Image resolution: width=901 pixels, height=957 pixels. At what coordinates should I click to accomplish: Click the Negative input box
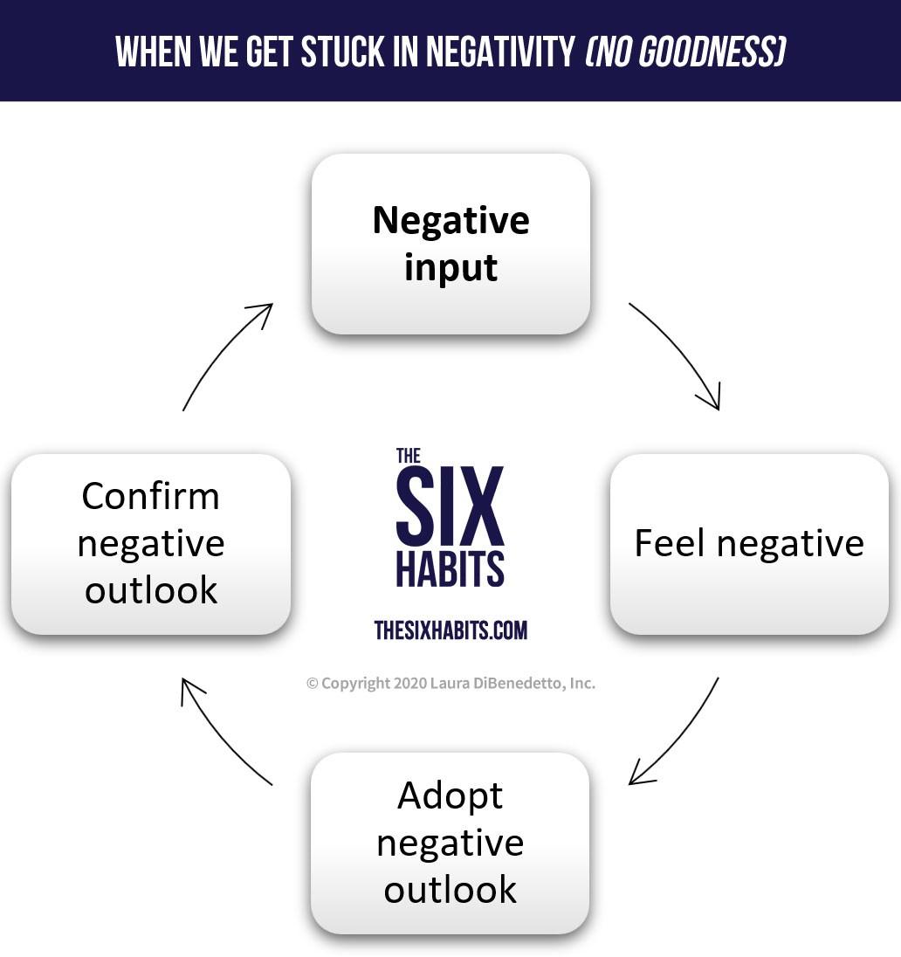[450, 244]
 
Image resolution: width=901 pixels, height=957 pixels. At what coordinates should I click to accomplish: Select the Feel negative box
[748, 543]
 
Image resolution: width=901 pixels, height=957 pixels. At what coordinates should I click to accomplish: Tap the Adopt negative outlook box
[450, 843]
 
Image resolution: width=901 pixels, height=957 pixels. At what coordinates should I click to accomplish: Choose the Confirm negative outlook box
[150, 543]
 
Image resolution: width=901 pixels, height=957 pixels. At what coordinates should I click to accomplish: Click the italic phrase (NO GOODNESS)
[684, 52]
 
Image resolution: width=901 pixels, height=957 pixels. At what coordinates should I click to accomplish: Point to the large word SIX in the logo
[450, 505]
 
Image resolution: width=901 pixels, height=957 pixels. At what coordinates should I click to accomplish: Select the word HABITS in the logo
[450, 568]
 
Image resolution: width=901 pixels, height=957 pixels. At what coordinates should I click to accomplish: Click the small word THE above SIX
[409, 455]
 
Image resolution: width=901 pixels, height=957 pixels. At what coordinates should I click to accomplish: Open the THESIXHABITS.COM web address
[450, 630]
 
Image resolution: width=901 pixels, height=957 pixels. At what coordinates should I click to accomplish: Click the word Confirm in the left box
[150, 496]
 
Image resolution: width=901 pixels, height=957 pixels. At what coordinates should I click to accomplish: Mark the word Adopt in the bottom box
[450, 795]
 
